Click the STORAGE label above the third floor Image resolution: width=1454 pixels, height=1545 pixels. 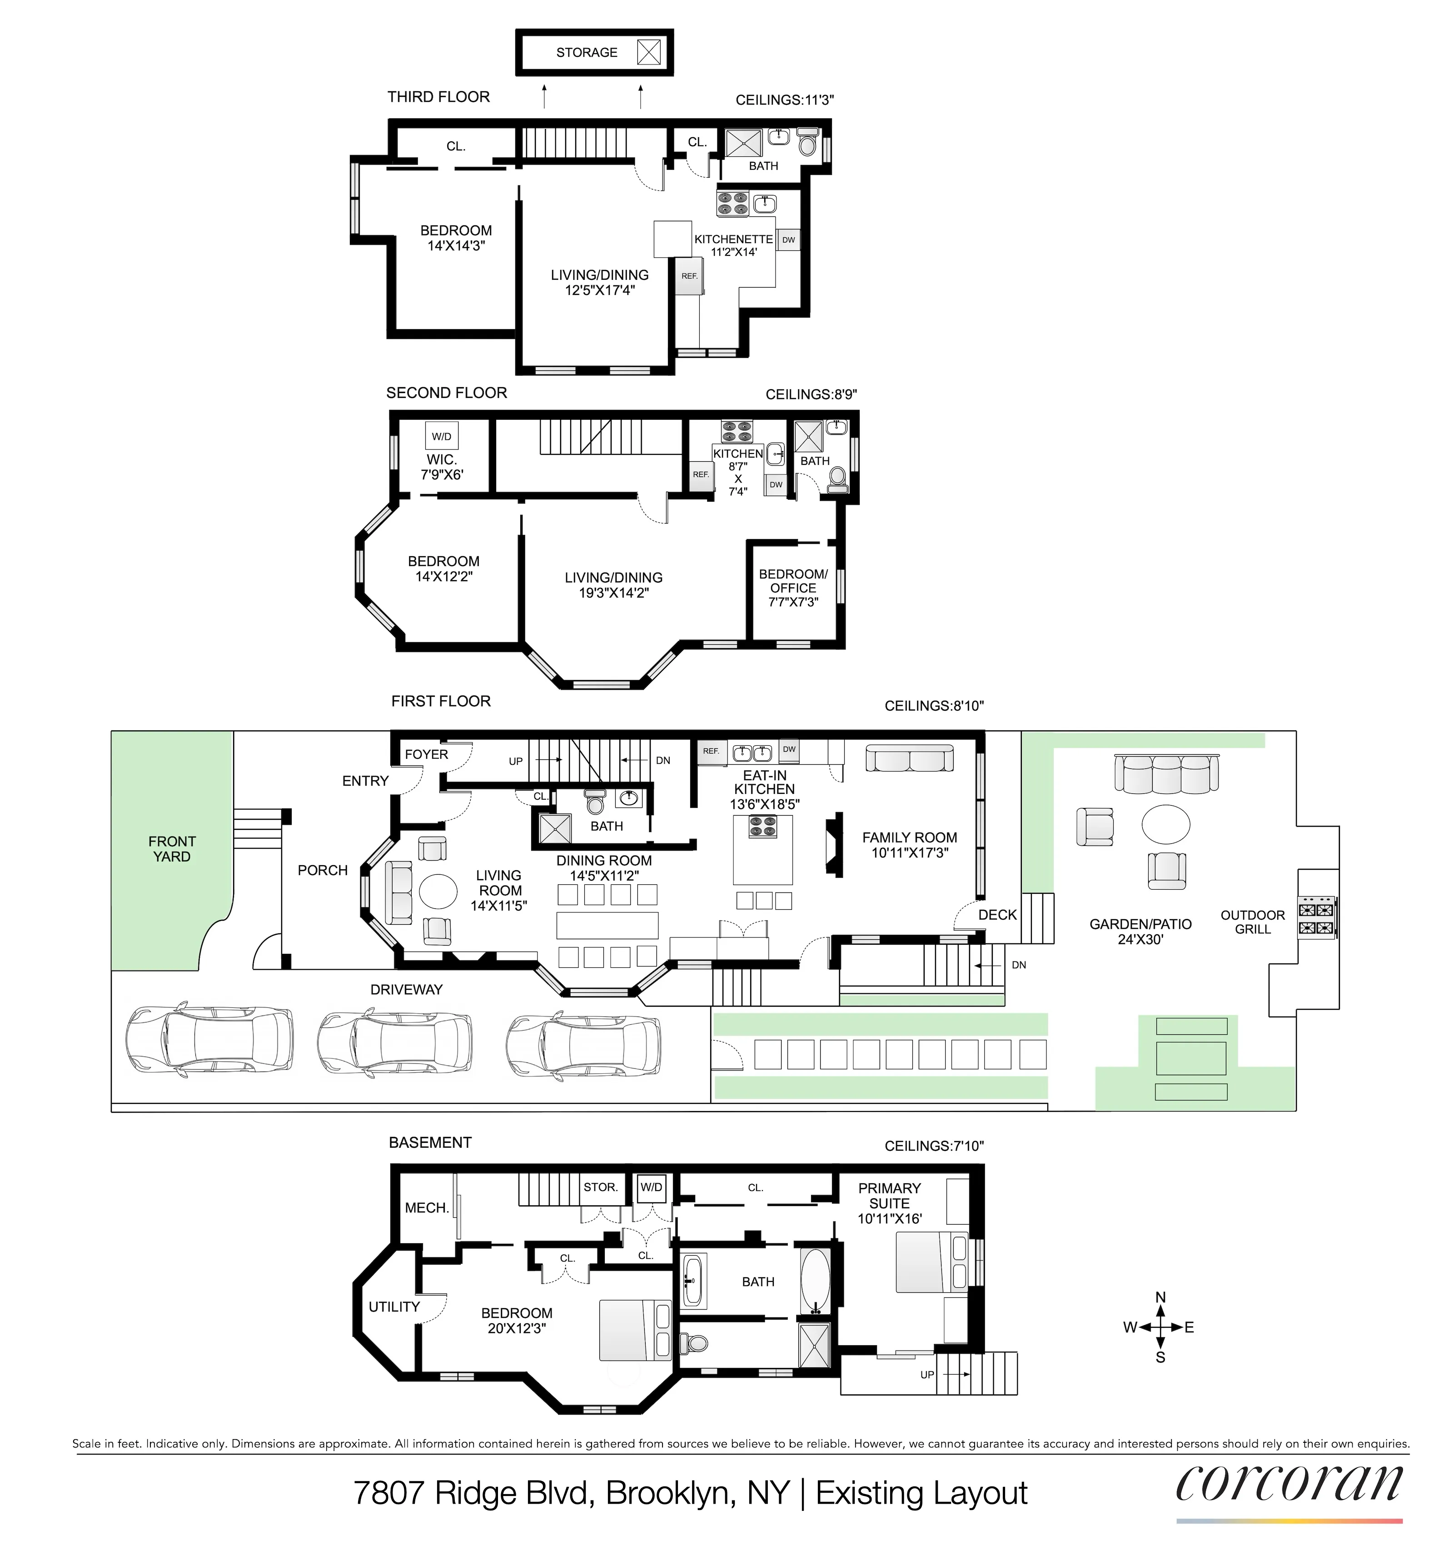pyautogui.click(x=587, y=53)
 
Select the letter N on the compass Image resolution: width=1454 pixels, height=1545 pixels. pyautogui.click(x=1160, y=1297)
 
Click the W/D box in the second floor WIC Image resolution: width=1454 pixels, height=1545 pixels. pyautogui.click(x=441, y=437)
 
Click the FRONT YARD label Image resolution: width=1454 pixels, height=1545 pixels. pyautogui.click(x=172, y=849)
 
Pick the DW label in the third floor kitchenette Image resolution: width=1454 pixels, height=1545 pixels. pyautogui.click(x=788, y=240)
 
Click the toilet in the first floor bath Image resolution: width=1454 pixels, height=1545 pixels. pyautogui.click(x=595, y=801)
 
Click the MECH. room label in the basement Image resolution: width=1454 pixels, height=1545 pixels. pyautogui.click(x=427, y=1208)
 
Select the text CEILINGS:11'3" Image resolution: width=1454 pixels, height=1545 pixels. pyautogui.click(x=784, y=100)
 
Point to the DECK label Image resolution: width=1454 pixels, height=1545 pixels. pyautogui.click(x=997, y=915)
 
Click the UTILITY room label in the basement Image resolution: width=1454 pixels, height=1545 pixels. pyautogui.click(x=394, y=1307)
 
